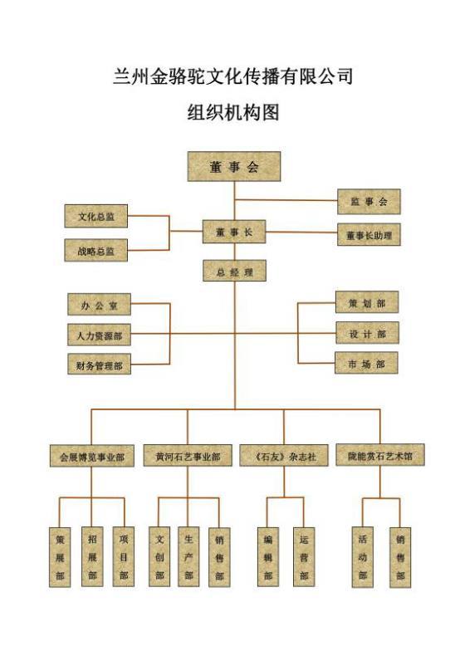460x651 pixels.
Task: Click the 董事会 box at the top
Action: pyautogui.click(x=234, y=166)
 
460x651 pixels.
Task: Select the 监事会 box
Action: pyautogui.click(x=369, y=202)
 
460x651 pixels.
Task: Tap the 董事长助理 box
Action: pyautogui.click(x=369, y=234)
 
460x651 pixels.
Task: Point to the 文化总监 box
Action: pyautogui.click(x=96, y=216)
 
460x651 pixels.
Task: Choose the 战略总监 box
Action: pyautogui.click(x=96, y=251)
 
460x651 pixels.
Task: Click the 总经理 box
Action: pyautogui.click(x=234, y=271)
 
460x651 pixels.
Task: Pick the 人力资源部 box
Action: pyautogui.click(x=100, y=335)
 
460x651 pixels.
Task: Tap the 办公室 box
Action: pyautogui.click(x=100, y=305)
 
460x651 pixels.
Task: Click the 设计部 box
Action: pyautogui.click(x=367, y=333)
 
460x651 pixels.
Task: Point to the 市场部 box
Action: pyautogui.click(x=367, y=364)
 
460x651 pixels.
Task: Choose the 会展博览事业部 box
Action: pyautogui.click(x=91, y=456)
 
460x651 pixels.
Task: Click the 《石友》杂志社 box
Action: pyautogui.click(x=284, y=455)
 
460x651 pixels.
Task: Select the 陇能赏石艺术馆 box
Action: pyautogui.click(x=380, y=455)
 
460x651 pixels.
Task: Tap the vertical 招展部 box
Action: pyautogui.click(x=92, y=556)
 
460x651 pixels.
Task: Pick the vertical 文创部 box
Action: pyautogui.click(x=159, y=556)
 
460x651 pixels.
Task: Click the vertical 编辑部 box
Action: pyautogui.click(x=267, y=556)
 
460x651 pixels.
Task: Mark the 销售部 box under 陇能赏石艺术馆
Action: pyautogui.click(x=400, y=557)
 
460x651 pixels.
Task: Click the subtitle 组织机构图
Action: pyautogui.click(x=232, y=111)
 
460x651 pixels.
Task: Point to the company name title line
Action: pyautogui.click(x=232, y=76)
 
